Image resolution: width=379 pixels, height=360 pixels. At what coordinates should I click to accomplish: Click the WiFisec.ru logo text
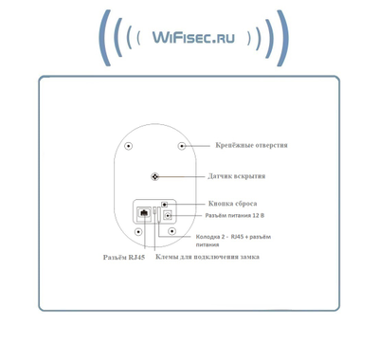[190, 39]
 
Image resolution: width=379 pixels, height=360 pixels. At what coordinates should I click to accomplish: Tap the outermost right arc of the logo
[281, 40]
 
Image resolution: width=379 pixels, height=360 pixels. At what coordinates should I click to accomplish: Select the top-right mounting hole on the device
[181, 146]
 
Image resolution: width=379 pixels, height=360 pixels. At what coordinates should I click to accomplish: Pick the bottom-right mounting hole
[171, 230]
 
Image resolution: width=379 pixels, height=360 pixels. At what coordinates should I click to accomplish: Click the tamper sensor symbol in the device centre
[155, 176]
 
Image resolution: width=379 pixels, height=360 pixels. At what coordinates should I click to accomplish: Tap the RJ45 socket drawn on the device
[142, 213]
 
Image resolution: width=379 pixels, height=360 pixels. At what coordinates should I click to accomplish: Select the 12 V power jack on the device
[168, 214]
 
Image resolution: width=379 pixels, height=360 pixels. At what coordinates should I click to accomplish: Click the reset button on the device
[164, 203]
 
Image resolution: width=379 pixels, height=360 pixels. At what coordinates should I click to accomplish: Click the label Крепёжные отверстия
[251, 145]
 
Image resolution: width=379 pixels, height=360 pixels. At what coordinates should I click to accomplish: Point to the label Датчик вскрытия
[236, 176]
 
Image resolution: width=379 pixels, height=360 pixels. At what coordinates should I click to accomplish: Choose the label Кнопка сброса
[232, 204]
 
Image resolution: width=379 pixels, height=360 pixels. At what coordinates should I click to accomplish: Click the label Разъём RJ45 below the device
[125, 258]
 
